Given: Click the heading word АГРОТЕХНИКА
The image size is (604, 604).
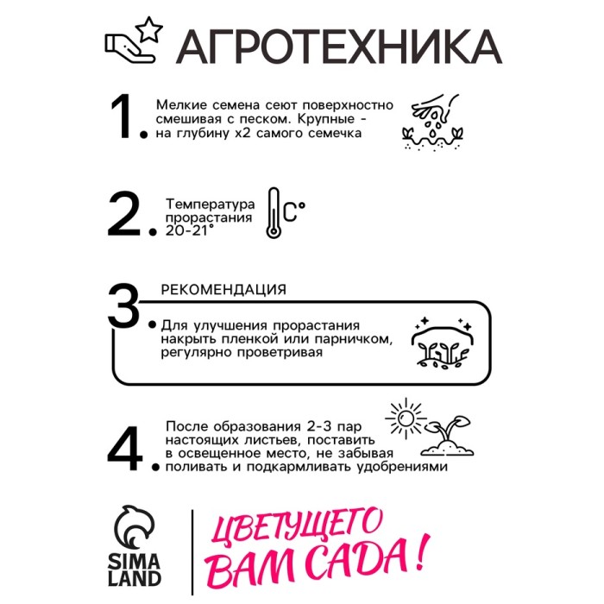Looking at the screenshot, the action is tap(339, 47).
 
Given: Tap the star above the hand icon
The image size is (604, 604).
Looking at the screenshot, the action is tap(149, 28).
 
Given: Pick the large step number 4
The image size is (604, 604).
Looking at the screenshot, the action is tap(125, 448).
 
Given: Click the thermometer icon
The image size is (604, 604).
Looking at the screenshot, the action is tap(274, 213).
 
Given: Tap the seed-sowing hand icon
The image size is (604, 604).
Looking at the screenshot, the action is tap(432, 122).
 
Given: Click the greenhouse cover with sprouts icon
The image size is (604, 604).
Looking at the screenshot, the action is tap(443, 343).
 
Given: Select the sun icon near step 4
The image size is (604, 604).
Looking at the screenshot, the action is tap(406, 418).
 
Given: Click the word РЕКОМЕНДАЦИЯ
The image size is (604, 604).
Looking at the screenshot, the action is tap(223, 289).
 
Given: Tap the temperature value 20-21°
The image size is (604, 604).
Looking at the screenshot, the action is tap(189, 230).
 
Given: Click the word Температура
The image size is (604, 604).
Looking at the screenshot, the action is tap(210, 204).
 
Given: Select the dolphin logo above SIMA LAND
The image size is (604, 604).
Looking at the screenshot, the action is tap(134, 527).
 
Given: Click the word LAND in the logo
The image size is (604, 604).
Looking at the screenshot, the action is tap(134, 578).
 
